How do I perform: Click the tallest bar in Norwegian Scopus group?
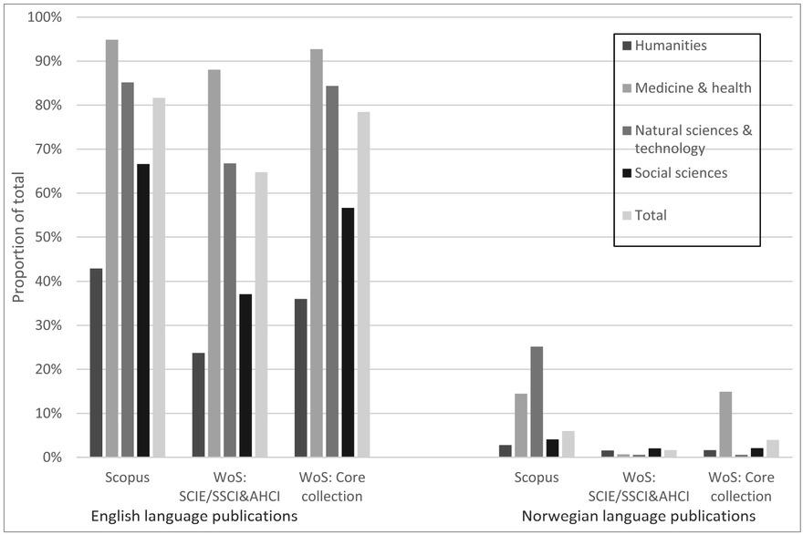coord(537,401)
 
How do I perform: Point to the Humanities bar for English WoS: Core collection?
coord(301,377)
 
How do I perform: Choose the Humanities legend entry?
coord(671,46)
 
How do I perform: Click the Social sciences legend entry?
coord(681,172)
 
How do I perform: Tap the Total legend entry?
coord(651,215)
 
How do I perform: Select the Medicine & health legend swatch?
coord(626,88)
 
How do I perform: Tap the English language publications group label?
coord(193,517)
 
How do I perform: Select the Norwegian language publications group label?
coord(639,517)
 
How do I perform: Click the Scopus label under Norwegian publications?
coord(536,478)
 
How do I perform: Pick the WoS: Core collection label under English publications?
coord(332,487)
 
